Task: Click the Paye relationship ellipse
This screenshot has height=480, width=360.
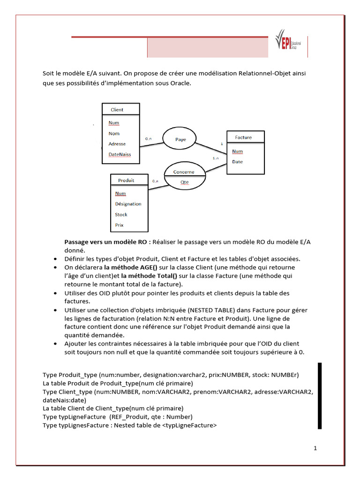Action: click(x=180, y=139)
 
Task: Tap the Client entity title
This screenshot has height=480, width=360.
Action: click(x=117, y=110)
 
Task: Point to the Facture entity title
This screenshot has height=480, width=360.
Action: click(x=243, y=137)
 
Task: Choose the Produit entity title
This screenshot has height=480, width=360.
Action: click(x=126, y=180)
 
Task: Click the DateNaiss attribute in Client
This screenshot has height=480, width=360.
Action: click(x=120, y=154)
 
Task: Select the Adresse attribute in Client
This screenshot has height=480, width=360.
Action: click(x=117, y=143)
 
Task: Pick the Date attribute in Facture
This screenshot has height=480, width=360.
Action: click(x=237, y=162)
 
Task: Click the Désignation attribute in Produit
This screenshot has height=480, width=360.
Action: click(x=128, y=204)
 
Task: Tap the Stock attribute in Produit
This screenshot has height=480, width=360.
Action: click(x=121, y=215)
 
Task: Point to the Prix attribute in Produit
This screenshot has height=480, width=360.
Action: click(x=119, y=225)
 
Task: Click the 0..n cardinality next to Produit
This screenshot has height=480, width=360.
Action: click(x=155, y=181)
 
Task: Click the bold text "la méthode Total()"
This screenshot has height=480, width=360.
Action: click(x=139, y=276)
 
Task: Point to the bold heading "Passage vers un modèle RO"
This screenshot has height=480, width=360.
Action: click(x=107, y=242)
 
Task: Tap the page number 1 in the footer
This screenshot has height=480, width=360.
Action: click(x=315, y=448)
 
